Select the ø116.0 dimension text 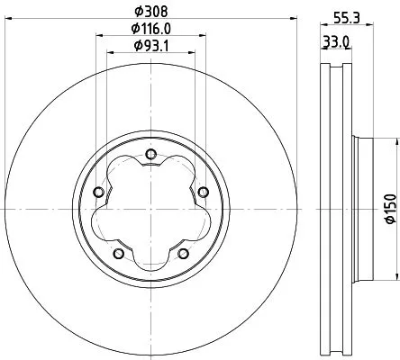(150, 30)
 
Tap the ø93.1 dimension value (150, 46)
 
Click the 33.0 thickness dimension (338, 41)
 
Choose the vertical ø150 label (390, 209)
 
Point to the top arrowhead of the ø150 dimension (395, 140)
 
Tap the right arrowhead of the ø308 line (291, 22)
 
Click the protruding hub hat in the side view (359, 210)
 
